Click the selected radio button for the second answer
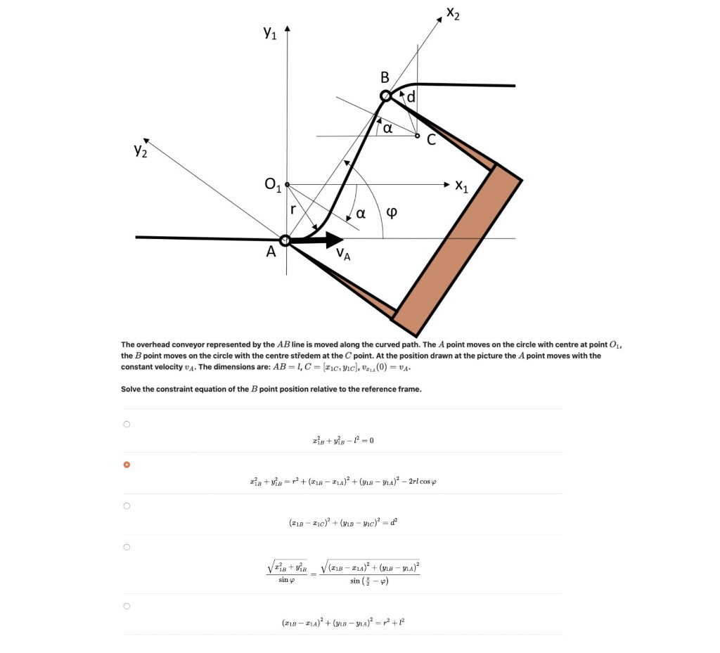pyautogui.click(x=127, y=465)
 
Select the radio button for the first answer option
pyautogui.click(x=127, y=425)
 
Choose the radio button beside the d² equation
pyautogui.click(x=127, y=506)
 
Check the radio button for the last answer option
pyautogui.click(x=127, y=606)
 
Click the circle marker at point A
pyautogui.click(x=285, y=240)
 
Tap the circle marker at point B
pyautogui.click(x=385, y=96)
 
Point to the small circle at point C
pyautogui.click(x=418, y=136)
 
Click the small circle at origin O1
pyautogui.click(x=287, y=184)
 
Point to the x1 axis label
pyautogui.click(x=462, y=186)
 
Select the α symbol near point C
pyautogui.click(x=387, y=127)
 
